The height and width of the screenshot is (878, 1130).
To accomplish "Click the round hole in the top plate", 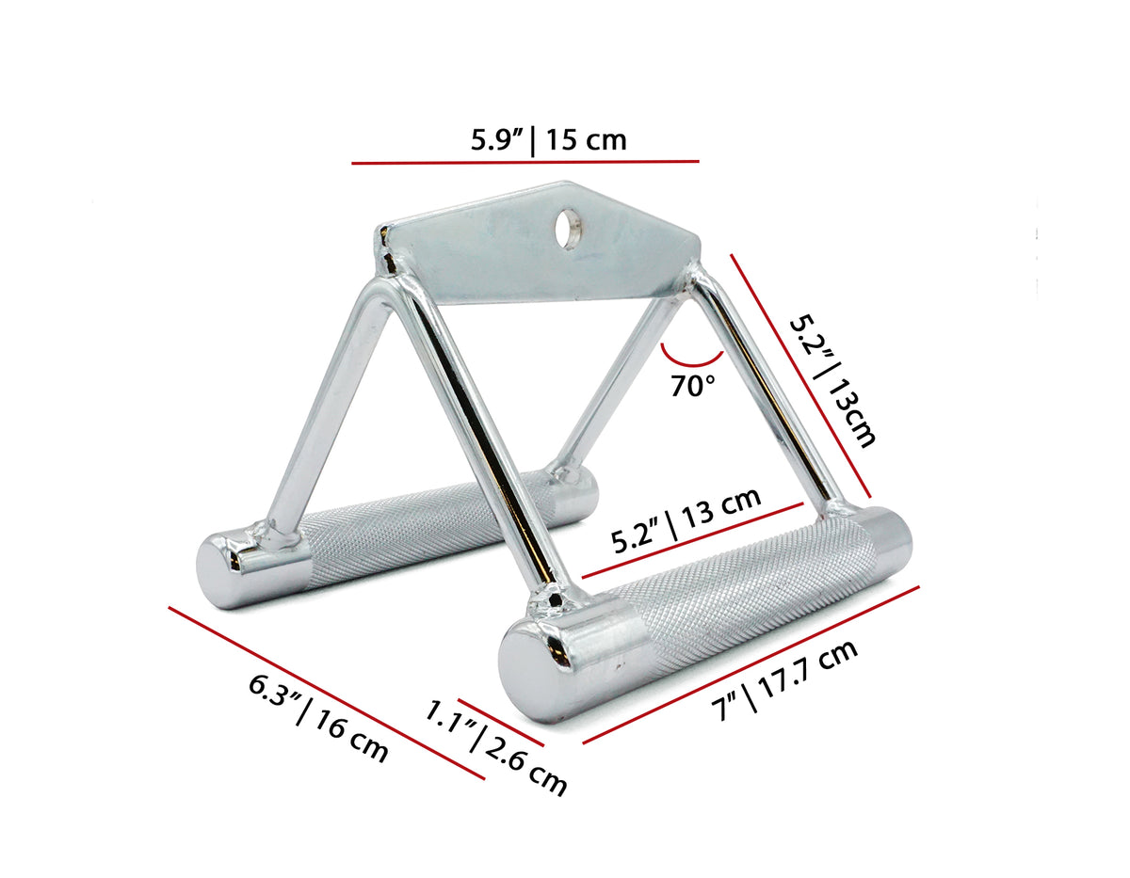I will [567, 226].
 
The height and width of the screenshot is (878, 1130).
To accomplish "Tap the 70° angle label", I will [694, 386].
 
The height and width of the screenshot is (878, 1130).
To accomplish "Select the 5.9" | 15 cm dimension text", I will [548, 140].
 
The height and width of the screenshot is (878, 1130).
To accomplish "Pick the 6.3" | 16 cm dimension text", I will [318, 717].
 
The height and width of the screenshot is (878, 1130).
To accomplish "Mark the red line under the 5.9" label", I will [525, 162].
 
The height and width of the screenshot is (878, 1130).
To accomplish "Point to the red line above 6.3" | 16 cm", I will [326, 693].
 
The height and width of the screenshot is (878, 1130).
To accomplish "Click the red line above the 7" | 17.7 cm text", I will [751, 664].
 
